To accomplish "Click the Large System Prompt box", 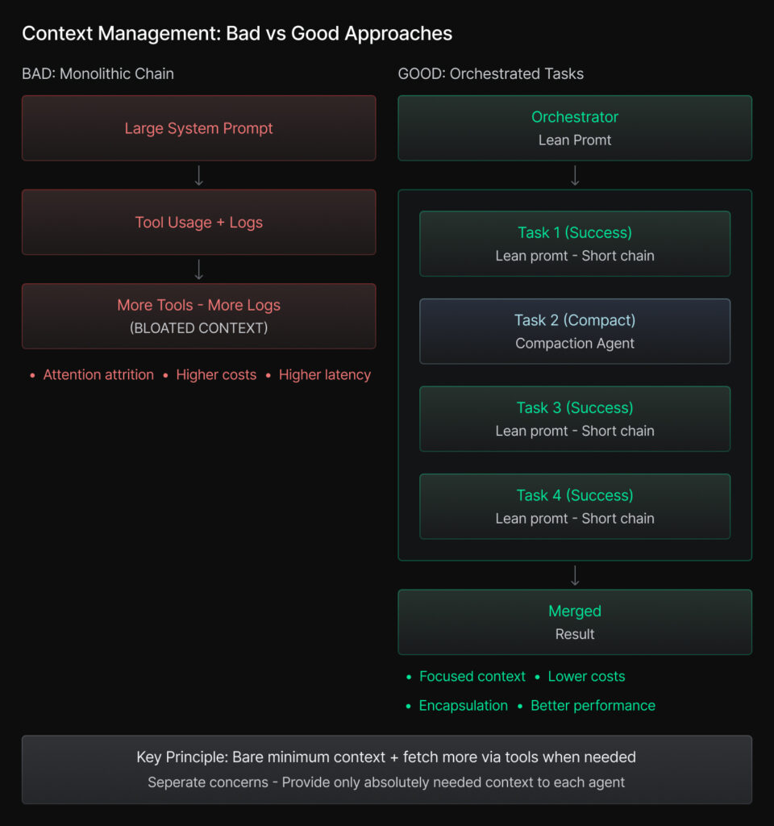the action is coord(199,128).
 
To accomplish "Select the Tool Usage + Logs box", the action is coord(199,223).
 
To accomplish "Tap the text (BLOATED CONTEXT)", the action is coord(199,328).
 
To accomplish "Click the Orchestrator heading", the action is coord(575,117).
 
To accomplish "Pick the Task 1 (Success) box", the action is coord(575,244).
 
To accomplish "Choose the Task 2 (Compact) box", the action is coord(575,332).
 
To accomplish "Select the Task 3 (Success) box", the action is coord(575,419).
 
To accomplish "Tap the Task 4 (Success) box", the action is coord(575,507).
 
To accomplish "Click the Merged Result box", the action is coord(575,622).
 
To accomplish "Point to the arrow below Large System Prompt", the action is coord(199,175).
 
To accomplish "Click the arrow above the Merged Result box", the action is coord(575,575).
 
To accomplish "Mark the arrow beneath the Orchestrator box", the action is coord(575,175).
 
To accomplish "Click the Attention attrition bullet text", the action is coord(98,374).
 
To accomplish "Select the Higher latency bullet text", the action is coord(325,374).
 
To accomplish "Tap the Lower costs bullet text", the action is coord(587,677).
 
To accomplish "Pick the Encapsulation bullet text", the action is coord(464,705).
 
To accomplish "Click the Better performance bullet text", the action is coord(593,705).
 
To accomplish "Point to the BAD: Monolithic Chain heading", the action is coord(98,73).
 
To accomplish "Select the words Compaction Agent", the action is coord(575,344).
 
